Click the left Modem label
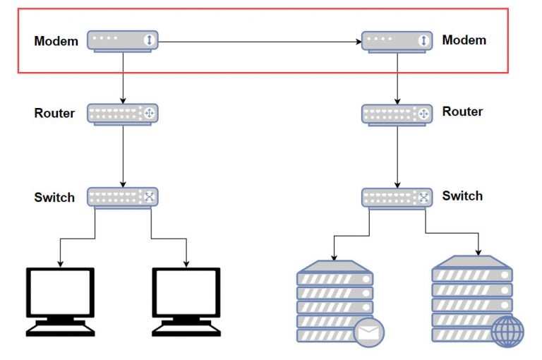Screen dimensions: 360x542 (56, 41)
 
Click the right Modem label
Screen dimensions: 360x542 (464, 40)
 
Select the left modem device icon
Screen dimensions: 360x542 (123, 40)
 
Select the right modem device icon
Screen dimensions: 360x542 (397, 41)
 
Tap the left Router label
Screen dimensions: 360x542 (54, 113)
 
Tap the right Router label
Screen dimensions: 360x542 (462, 112)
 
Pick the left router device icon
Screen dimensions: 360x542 (123, 113)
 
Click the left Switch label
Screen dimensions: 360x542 (54, 198)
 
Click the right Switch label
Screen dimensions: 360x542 (462, 196)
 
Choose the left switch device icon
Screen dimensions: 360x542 (123, 197)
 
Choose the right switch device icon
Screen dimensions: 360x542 (397, 197)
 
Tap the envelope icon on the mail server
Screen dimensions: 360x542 (368, 332)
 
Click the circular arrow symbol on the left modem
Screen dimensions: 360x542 (148, 40)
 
